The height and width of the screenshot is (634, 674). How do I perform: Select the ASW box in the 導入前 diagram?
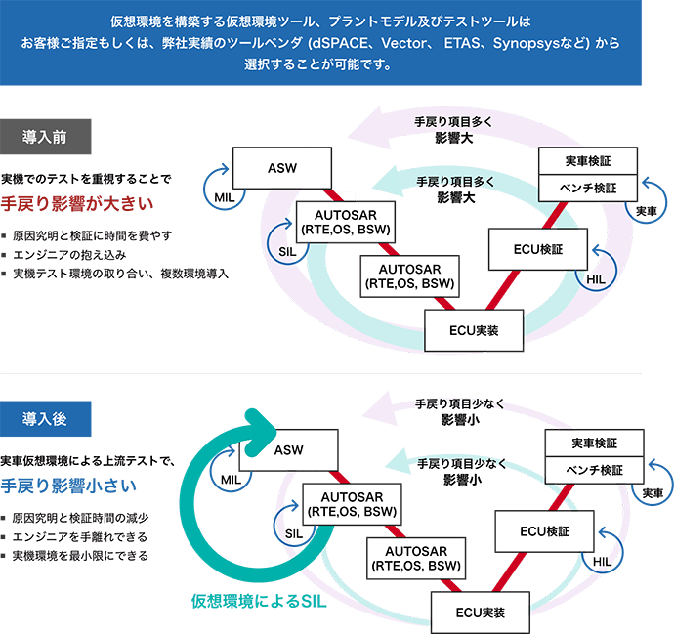click(x=281, y=168)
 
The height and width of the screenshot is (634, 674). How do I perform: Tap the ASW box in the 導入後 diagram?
click(x=288, y=451)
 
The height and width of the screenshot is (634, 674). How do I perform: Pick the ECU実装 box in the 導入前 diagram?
click(x=474, y=330)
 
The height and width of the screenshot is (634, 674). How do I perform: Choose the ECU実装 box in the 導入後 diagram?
click(x=481, y=613)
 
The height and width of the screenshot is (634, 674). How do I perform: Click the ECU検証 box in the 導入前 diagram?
click(x=537, y=248)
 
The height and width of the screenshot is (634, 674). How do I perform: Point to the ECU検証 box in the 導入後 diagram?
click(x=544, y=531)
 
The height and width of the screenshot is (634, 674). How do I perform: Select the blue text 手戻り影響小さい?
click(x=74, y=486)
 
